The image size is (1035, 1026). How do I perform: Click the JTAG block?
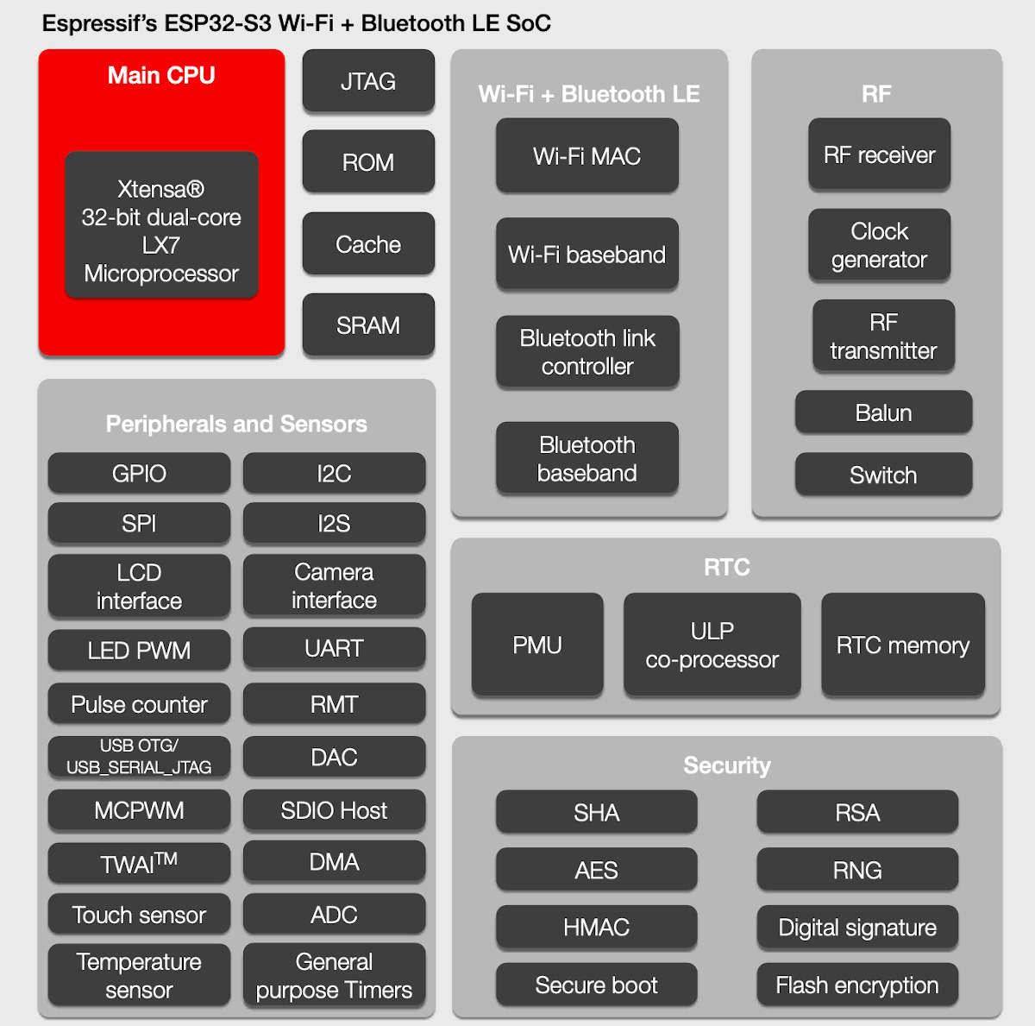(368, 81)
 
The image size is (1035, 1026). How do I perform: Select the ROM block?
(368, 162)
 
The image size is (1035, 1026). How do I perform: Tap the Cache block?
(368, 244)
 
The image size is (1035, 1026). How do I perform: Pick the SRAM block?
(368, 325)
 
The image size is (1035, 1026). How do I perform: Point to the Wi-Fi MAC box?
(586, 156)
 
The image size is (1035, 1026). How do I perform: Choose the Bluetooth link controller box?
(587, 352)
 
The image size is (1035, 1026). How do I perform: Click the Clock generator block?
(879, 245)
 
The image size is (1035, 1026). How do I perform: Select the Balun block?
(883, 412)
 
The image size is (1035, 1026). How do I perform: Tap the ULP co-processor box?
(712, 645)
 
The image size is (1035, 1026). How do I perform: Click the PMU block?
(536, 645)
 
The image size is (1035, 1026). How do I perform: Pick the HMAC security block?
(596, 928)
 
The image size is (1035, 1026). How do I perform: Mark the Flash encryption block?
(857, 985)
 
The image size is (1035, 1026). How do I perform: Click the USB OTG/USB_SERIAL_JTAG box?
(139, 757)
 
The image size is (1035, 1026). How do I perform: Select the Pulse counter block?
(139, 704)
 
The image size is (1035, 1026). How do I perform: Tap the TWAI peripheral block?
(139, 863)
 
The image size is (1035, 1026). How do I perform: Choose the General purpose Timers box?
(334, 975)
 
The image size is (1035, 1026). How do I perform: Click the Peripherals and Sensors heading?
(236, 424)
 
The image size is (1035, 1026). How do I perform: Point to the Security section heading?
(726, 765)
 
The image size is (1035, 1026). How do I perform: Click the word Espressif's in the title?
(99, 23)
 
